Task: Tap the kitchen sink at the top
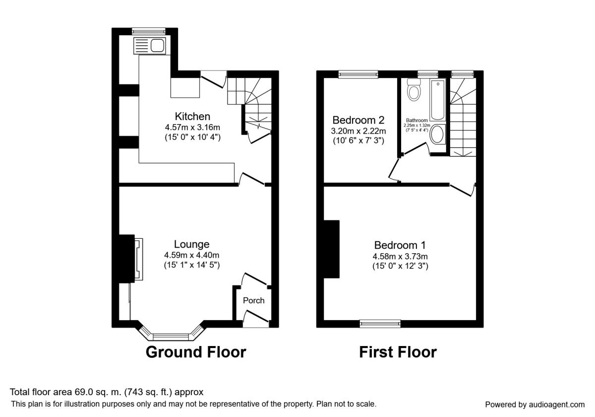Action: (x=149, y=46)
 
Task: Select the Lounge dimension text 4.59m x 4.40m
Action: (x=192, y=255)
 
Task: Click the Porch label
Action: (x=253, y=300)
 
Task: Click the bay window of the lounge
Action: (x=172, y=336)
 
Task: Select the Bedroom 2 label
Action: (x=358, y=120)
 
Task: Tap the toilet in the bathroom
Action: (x=414, y=90)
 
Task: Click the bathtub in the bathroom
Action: (x=437, y=100)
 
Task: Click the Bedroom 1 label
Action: (x=400, y=245)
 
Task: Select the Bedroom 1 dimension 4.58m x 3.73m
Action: (x=400, y=256)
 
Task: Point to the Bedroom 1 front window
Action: (x=380, y=324)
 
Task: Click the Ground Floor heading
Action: (x=195, y=352)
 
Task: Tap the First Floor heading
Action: (x=398, y=352)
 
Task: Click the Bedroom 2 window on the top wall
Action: (x=358, y=74)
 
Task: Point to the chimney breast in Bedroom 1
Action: (x=332, y=249)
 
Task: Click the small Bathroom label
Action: (x=416, y=120)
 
